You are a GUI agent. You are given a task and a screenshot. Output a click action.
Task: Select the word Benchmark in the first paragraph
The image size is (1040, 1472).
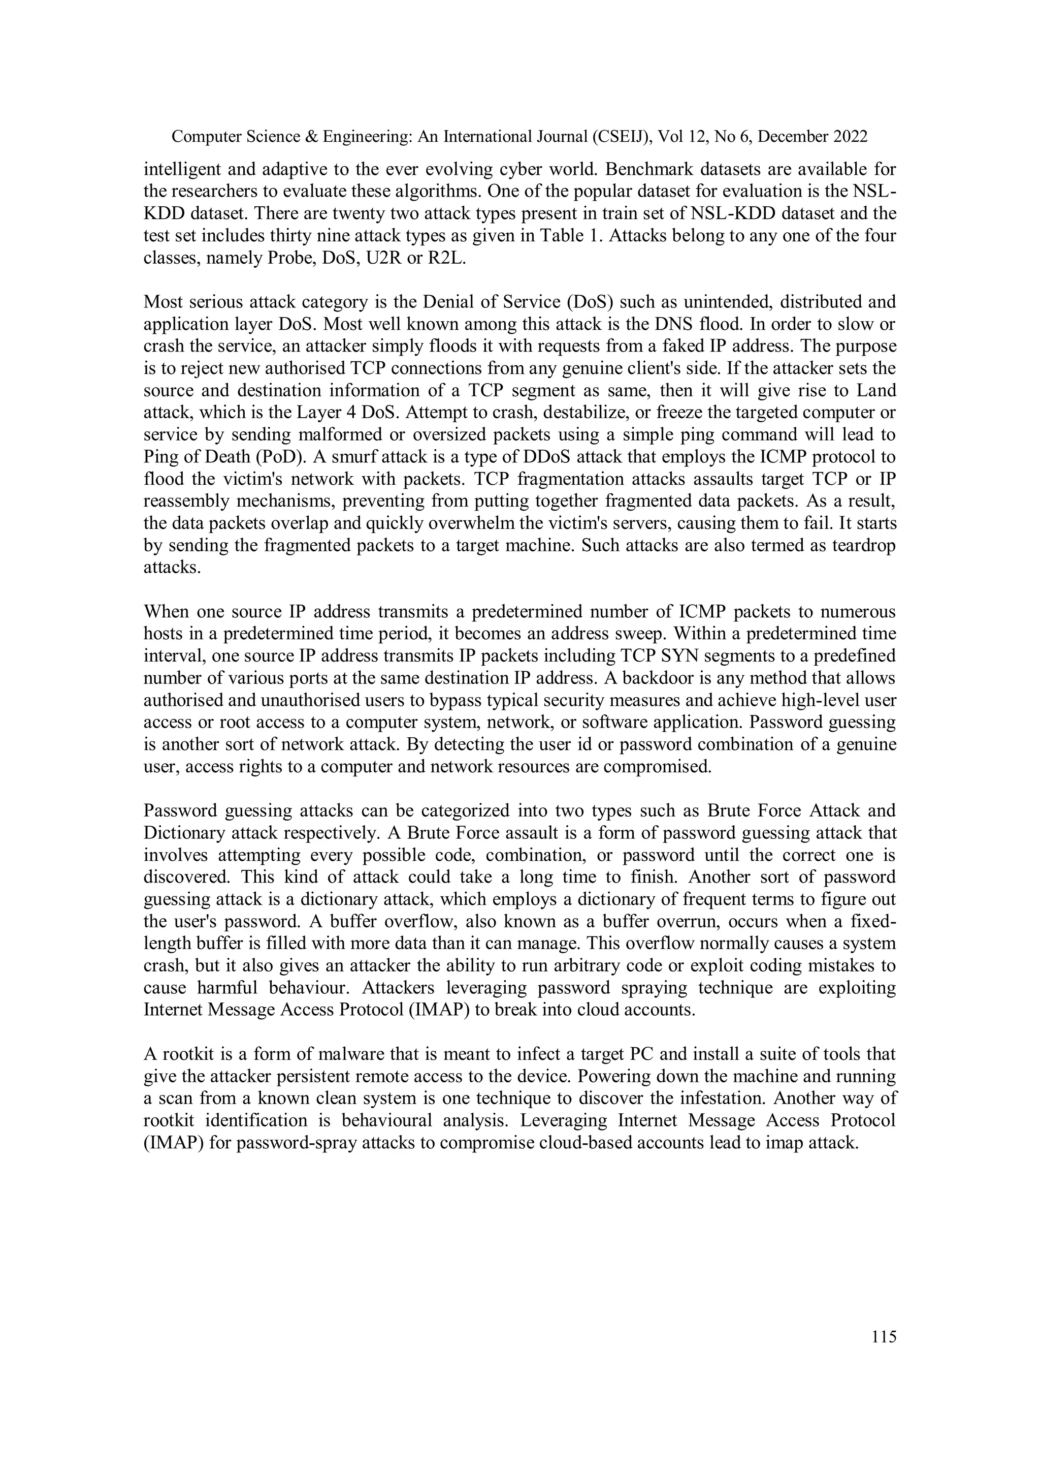pyautogui.click(x=646, y=169)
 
